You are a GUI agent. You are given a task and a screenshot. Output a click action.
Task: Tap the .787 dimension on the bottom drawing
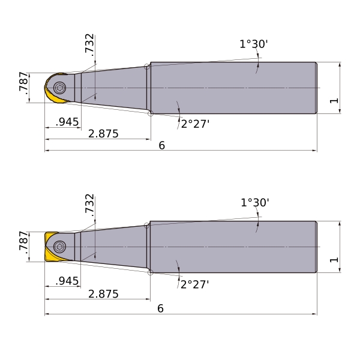23,242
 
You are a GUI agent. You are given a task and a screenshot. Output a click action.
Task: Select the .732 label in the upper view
89,45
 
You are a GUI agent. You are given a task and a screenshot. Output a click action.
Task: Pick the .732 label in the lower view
89,205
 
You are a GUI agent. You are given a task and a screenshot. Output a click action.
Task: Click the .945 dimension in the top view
67,122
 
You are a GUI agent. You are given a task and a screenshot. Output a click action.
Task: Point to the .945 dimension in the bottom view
67,281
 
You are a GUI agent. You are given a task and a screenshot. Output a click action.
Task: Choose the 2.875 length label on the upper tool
103,134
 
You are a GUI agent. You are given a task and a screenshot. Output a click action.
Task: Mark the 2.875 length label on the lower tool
103,294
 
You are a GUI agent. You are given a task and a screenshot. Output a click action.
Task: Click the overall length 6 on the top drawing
161,146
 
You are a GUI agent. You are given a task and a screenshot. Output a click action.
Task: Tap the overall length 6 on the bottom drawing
160,308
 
